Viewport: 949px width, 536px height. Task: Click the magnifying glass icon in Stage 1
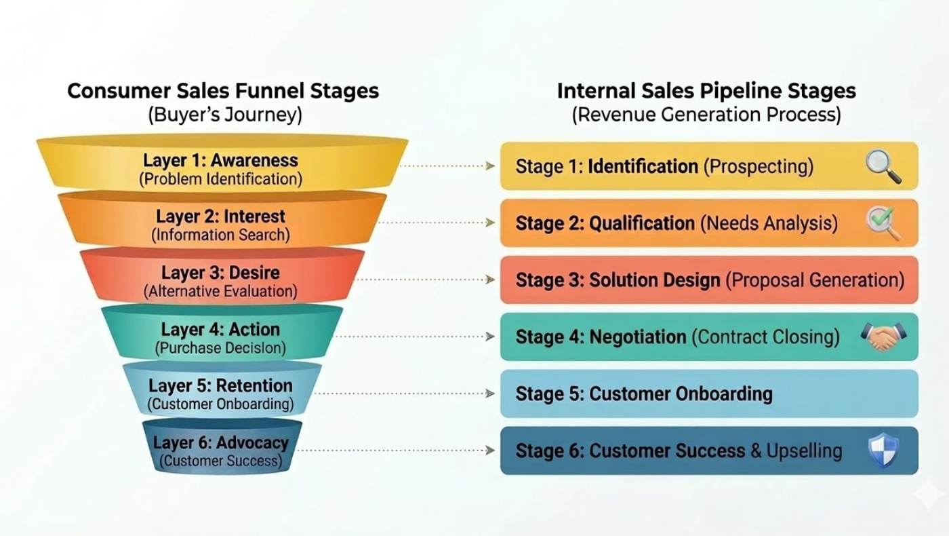pyautogui.click(x=883, y=167)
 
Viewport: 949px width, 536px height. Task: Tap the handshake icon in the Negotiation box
pyautogui.click(x=882, y=337)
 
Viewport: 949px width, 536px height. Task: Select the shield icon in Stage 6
pyautogui.click(x=883, y=451)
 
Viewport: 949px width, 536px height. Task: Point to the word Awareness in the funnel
pyautogui.click(x=254, y=161)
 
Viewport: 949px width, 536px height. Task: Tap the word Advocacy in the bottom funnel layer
pyautogui.click(x=252, y=443)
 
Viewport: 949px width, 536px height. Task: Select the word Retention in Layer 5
pyautogui.click(x=254, y=386)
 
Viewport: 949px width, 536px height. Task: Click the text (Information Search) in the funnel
pyautogui.click(x=221, y=235)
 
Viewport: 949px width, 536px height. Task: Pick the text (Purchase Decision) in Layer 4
pyautogui.click(x=221, y=348)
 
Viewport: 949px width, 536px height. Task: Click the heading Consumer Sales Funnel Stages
pyautogui.click(x=223, y=91)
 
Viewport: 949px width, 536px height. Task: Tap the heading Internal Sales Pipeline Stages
pyautogui.click(x=706, y=91)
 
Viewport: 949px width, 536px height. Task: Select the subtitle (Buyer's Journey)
pyautogui.click(x=224, y=115)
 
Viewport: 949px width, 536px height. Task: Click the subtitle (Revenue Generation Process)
pyautogui.click(x=706, y=115)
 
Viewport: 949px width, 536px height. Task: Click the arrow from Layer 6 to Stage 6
pyautogui.click(x=397, y=451)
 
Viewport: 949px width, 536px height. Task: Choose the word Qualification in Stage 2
pyautogui.click(x=642, y=223)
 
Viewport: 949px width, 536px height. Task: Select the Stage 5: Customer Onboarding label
pyautogui.click(x=644, y=394)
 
